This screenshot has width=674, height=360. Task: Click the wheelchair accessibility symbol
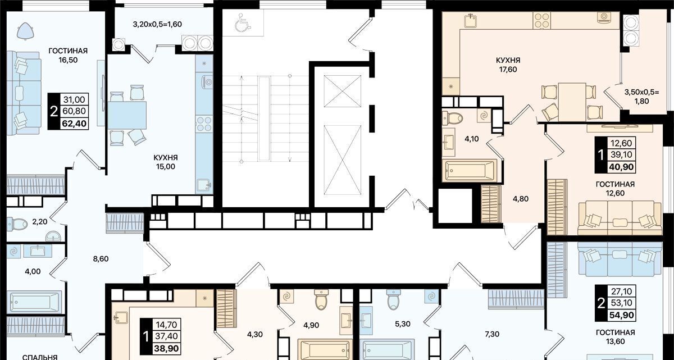pyautogui.click(x=243, y=22)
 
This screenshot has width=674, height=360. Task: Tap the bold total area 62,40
pyautogui.click(x=74, y=124)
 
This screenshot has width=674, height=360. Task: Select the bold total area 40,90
pyautogui.click(x=621, y=167)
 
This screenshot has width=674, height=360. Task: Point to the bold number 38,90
pyautogui.click(x=166, y=348)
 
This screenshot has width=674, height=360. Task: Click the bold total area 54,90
pyautogui.click(x=622, y=315)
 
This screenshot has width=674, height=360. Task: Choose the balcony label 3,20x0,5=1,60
pyautogui.click(x=157, y=24)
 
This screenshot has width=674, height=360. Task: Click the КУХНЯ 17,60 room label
pyautogui.click(x=508, y=65)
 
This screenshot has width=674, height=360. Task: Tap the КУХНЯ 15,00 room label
pyautogui.click(x=166, y=162)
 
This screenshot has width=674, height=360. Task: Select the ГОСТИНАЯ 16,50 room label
pyautogui.click(x=68, y=55)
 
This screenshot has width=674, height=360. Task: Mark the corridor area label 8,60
pyautogui.click(x=101, y=259)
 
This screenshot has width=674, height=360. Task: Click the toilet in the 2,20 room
pyautogui.click(x=17, y=224)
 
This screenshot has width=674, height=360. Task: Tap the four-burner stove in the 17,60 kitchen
pyautogui.click(x=541, y=21)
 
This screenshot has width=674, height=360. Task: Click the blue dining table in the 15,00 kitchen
pyautogui.click(x=127, y=115)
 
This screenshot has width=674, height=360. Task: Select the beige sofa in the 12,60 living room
pyautogui.click(x=620, y=218)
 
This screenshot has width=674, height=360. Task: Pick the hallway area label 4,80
pyautogui.click(x=521, y=199)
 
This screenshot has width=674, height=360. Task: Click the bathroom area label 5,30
pyautogui.click(x=403, y=324)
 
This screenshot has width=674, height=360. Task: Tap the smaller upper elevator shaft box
pyautogui.click(x=343, y=91)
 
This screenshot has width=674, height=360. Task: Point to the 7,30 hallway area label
pyautogui.click(x=492, y=334)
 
